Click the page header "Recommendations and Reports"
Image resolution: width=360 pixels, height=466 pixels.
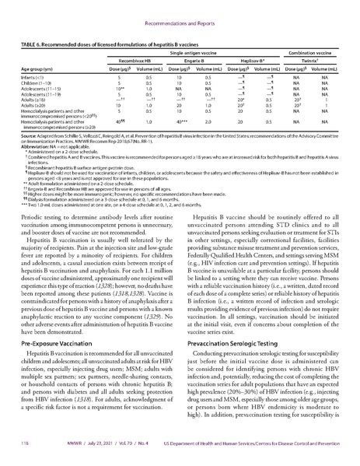click(180, 14)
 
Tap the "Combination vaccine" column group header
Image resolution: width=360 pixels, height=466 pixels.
click(319, 49)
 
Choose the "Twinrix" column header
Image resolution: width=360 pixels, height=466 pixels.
click(319, 58)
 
